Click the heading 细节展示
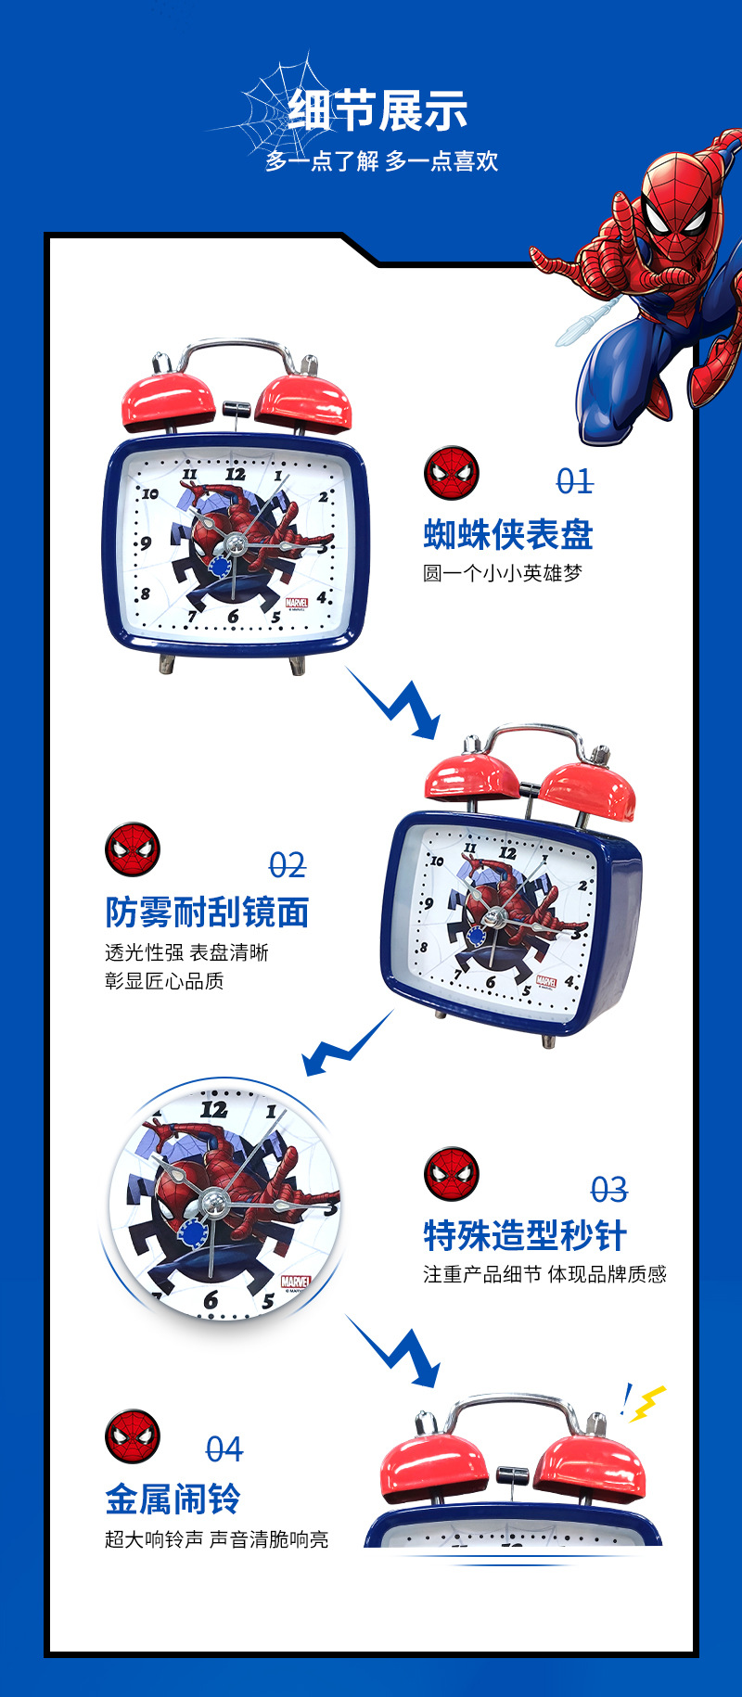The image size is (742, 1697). pyautogui.click(x=377, y=111)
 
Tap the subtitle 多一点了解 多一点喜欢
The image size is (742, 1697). pyautogui.click(x=382, y=161)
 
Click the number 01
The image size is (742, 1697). pyautogui.click(x=575, y=481)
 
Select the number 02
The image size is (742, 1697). pyautogui.click(x=288, y=865)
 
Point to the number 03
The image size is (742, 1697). pyautogui.click(x=609, y=1189)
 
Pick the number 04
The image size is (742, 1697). pyautogui.click(x=224, y=1448)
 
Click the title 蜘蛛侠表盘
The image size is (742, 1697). pyautogui.click(x=508, y=534)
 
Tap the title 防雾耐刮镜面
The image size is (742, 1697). pyautogui.click(x=207, y=912)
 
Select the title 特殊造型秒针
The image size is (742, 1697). pyautogui.click(x=525, y=1235)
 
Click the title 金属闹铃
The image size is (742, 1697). pyautogui.click(x=173, y=1499)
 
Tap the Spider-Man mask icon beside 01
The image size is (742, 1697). pyautogui.click(x=452, y=473)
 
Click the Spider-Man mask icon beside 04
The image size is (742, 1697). pyautogui.click(x=133, y=1436)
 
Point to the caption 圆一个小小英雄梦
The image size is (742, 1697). pyautogui.click(x=503, y=573)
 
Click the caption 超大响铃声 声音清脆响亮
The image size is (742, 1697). pyautogui.click(x=217, y=1539)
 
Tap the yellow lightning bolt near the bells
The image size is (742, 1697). pyautogui.click(x=646, y=1402)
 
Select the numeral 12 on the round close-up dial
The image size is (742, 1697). pyautogui.click(x=213, y=1109)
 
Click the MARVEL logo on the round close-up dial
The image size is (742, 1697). pyautogui.click(x=295, y=1282)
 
